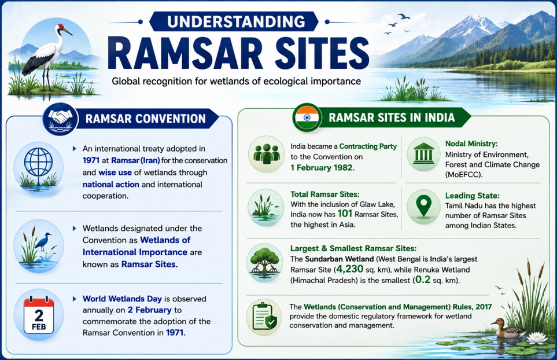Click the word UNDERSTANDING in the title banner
pos(236,21)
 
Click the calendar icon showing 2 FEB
pos(39,315)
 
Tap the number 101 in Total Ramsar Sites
pos(345,214)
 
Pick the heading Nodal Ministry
pos(471,144)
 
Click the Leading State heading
pos(472,196)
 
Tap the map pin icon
pos(423,207)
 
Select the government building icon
pos(423,153)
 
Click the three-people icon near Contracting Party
pos(267,153)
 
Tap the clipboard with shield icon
pos(264,316)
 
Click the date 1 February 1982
pos(322,167)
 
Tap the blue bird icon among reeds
pos(43,242)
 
